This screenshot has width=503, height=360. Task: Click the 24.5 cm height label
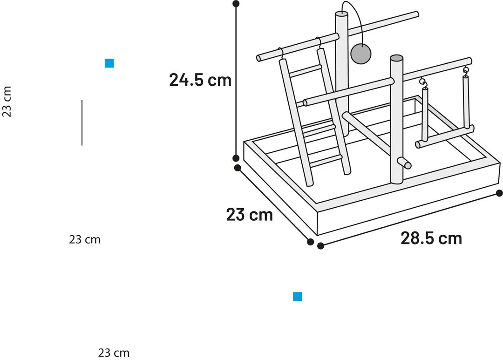point(200,80)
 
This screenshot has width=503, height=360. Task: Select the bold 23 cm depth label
point(250,215)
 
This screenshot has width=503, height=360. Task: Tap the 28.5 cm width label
point(431,238)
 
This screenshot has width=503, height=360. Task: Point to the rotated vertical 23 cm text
point(7,102)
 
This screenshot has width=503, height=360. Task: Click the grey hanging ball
point(361,54)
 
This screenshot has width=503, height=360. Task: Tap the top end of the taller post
point(341,14)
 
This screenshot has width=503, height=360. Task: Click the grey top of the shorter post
point(396,58)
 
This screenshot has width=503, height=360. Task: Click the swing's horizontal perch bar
point(445,136)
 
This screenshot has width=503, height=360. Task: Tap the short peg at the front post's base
point(404,163)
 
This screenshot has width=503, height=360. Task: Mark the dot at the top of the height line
point(236,4)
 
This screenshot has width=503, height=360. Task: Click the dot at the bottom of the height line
point(236,158)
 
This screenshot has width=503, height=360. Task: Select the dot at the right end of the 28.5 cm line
point(499,193)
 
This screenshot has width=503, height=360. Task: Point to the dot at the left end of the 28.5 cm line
point(320,246)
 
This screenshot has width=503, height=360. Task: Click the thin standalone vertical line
point(82,122)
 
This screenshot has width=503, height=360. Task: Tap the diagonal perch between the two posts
point(367,131)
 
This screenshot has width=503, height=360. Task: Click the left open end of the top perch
point(259,58)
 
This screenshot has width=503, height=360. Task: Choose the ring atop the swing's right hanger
point(465,69)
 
